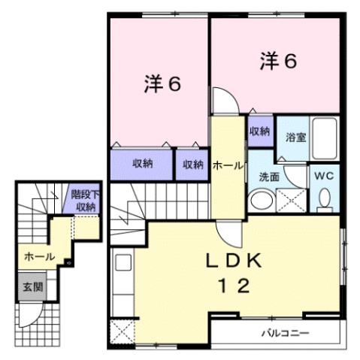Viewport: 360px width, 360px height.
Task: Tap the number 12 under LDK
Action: pos(233,286)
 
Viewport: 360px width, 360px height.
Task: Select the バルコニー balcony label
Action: pos(285,332)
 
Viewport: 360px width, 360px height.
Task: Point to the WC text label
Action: pos(325,176)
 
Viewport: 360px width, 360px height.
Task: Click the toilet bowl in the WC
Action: pos(325,198)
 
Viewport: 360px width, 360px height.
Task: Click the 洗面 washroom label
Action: pos(269,177)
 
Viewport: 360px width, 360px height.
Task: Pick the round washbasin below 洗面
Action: pos(261,201)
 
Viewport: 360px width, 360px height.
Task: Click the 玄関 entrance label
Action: pos(32,286)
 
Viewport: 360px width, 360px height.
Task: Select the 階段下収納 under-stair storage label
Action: pos(84,201)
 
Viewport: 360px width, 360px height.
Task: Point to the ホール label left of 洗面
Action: pos(227,165)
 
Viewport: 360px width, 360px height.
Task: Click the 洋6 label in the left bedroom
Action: pos(162,83)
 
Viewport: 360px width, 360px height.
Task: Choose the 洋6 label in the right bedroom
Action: pos(278,60)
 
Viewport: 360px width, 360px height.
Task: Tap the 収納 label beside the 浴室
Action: pos(259,131)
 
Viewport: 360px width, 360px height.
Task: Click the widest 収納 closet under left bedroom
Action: pos(142,164)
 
